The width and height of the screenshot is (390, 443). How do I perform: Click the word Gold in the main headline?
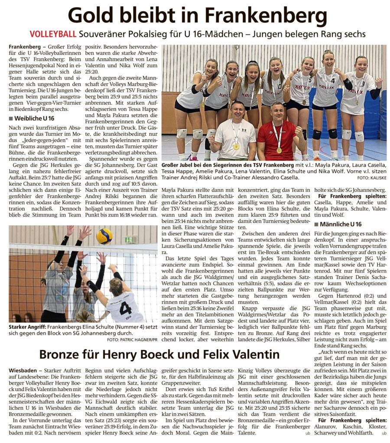(x=94, y=16)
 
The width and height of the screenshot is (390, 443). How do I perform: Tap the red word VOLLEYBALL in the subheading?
(x=53, y=34)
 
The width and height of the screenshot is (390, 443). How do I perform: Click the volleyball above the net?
(x=104, y=236)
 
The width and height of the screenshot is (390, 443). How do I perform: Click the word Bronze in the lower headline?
(x=65, y=355)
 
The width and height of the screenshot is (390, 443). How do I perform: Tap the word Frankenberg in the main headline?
(x=265, y=16)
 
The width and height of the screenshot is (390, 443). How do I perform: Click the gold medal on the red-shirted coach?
(x=279, y=150)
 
